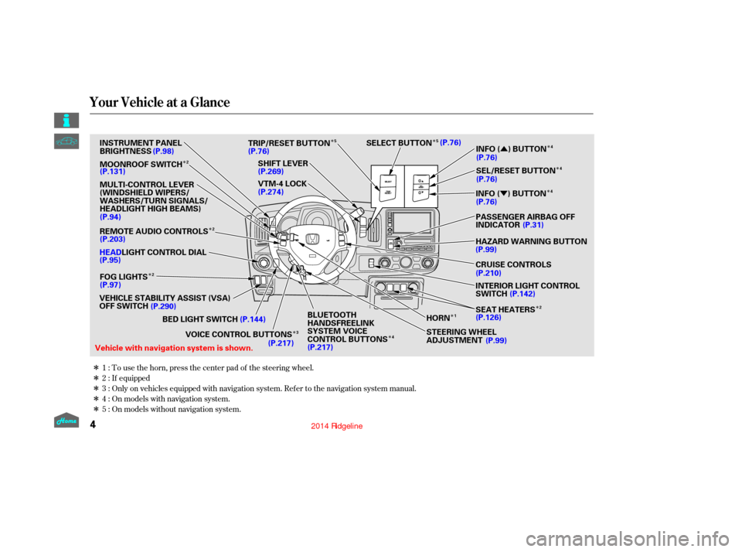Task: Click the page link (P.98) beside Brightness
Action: pos(164,151)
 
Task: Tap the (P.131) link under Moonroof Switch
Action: pos(113,172)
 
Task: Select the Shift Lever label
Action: pos(283,163)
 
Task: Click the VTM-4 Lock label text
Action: pos(283,184)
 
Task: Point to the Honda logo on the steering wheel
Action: pos(312,240)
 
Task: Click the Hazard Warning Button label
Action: pos(531,241)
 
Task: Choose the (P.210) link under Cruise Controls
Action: pos(488,273)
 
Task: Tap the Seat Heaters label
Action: pos(505,309)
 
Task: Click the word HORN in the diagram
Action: pos(437,318)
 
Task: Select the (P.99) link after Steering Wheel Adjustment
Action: pos(496,340)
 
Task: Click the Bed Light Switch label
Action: pos(199,319)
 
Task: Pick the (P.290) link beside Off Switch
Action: pos(163,306)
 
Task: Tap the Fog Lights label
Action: pos(124,277)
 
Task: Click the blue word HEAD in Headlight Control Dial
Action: pos(111,252)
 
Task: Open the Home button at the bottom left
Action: pos(66,421)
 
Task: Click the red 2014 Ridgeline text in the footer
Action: pos(337,426)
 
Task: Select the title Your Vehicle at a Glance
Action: pos(159,102)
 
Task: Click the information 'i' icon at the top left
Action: pos(66,121)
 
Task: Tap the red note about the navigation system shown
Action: pos(174,349)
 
